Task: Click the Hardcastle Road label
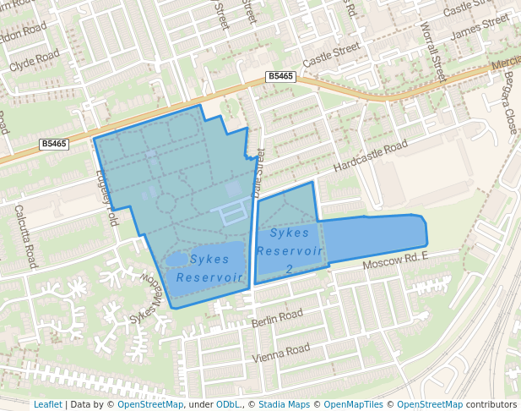(370, 158)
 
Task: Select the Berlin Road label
(276, 318)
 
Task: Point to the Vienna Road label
(285, 350)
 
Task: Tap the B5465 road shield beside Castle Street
(280, 76)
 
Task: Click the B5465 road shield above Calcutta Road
(53, 144)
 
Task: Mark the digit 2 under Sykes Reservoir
(289, 269)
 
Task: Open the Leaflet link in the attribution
(47, 404)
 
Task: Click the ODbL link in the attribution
(228, 404)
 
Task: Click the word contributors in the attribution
(491, 404)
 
